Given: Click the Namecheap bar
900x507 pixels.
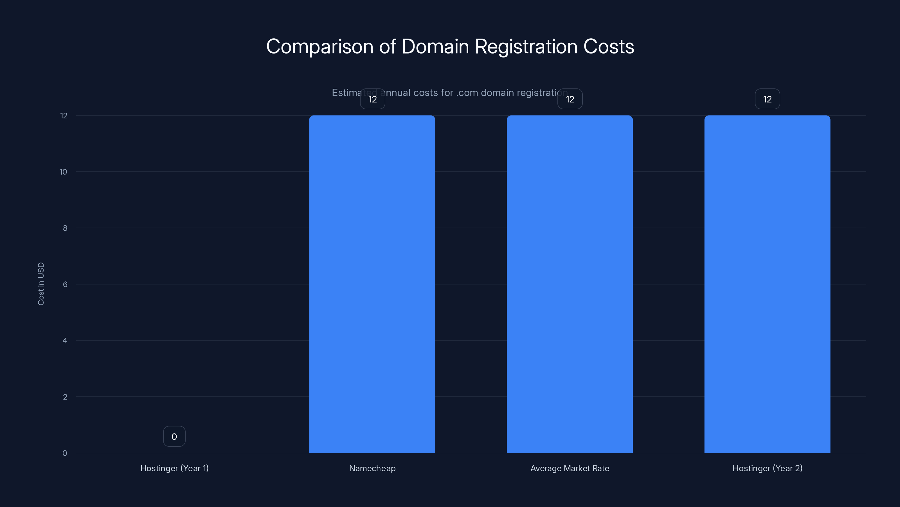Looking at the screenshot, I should (x=372, y=284).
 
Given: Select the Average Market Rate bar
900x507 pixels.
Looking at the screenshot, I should (x=570, y=284).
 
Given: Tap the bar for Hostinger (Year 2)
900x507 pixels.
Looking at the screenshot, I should (x=767, y=284).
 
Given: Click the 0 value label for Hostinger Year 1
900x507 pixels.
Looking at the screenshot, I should (x=174, y=436).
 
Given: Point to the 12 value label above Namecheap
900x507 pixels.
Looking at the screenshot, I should (x=372, y=99).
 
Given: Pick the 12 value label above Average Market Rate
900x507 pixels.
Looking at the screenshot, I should (x=570, y=99).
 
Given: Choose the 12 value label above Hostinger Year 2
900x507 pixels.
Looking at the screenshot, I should (x=767, y=99).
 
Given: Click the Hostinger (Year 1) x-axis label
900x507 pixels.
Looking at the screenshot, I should (x=174, y=468).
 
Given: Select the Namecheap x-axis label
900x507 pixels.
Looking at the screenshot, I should (x=372, y=468).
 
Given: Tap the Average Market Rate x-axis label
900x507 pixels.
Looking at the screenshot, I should (x=570, y=468).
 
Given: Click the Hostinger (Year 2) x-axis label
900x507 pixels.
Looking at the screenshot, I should (x=767, y=468).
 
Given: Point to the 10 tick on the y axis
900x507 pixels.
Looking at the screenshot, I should (x=63, y=172).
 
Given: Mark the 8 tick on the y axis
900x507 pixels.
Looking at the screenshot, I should (x=65, y=228).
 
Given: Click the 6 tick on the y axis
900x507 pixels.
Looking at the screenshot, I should (x=65, y=284).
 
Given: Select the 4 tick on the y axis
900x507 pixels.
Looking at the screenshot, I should (x=65, y=341).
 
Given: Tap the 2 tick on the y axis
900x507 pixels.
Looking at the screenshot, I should (x=65, y=397).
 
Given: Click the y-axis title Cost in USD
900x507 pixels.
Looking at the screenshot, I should (x=41, y=284).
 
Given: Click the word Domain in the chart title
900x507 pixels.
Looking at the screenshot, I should (x=435, y=46).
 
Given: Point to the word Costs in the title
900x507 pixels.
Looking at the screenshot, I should (x=608, y=46).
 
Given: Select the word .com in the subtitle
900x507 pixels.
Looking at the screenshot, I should (x=467, y=93).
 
